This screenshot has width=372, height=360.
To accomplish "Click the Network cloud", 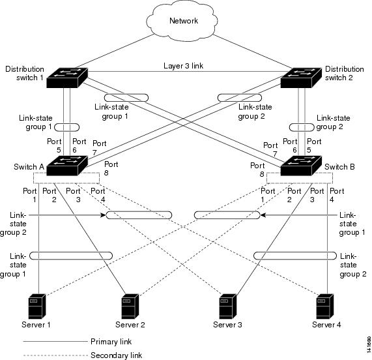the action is tap(182, 21).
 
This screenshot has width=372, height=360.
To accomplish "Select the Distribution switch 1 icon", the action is tap(67, 78).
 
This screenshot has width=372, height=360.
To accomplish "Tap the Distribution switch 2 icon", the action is tap(301, 78).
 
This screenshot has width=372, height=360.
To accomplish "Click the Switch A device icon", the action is tap(67, 166).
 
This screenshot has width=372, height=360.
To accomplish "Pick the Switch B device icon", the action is tap(301, 166).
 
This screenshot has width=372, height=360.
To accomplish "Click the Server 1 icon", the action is tap(36, 307).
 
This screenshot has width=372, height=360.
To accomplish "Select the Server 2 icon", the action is tap(130, 307).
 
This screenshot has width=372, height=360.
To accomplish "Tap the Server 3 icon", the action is tap(228, 307).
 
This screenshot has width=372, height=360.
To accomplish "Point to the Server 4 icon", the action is tap(325, 307).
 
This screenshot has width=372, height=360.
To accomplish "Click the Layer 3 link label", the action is tap(183, 66).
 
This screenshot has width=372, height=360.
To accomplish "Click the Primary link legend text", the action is tap(111, 342).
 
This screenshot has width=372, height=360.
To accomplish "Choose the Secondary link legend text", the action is tap(116, 355).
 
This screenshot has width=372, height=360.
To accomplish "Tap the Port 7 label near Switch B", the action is tap(270, 149).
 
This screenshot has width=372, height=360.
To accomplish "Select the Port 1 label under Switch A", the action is tap(30, 195).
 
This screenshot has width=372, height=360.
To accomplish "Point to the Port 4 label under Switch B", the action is tap(337, 195).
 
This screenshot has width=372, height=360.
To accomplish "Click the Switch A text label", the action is tap(29, 167).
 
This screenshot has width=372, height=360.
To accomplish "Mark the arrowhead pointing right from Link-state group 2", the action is tap(103, 215).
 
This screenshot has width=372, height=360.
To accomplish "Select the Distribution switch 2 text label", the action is tap(344, 74).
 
